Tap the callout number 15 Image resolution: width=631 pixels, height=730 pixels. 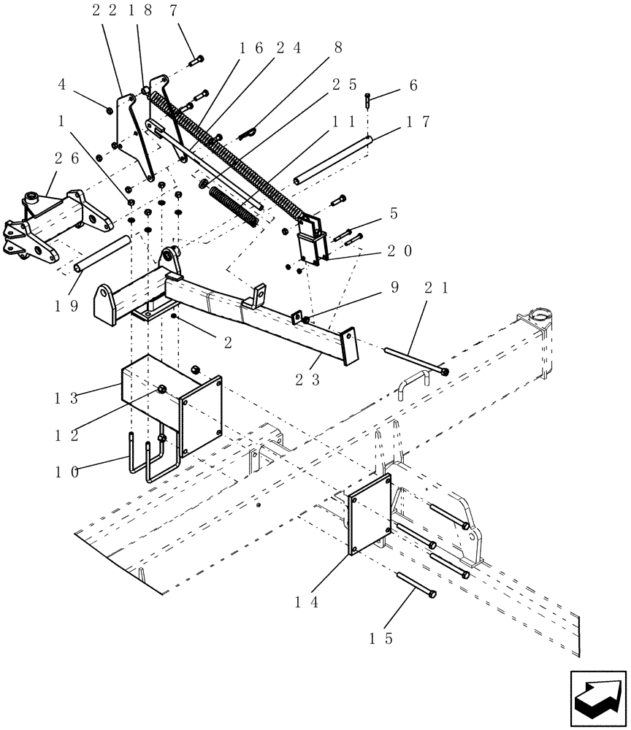[381, 638]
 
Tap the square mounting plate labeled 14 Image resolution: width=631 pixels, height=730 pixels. [370, 514]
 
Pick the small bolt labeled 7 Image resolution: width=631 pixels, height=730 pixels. [195, 61]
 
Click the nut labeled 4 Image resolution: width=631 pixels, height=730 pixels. [109, 110]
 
